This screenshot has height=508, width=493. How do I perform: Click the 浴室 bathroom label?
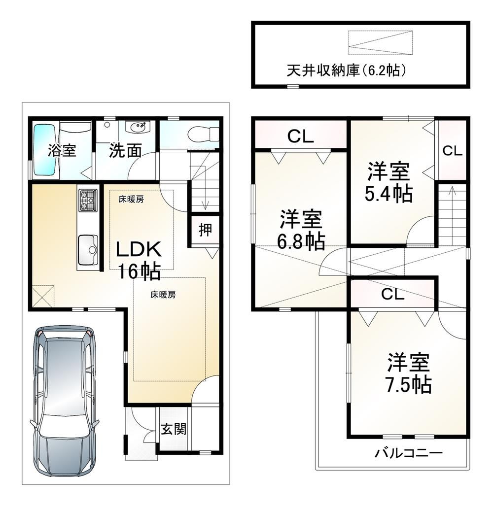[x=62, y=150]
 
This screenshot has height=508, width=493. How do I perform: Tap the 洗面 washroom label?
[x=125, y=151]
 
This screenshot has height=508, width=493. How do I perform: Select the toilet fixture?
[x=204, y=133]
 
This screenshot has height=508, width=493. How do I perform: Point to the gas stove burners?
[x=88, y=200]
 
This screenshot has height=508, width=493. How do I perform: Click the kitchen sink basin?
[x=87, y=249]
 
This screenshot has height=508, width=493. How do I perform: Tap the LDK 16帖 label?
[x=139, y=260]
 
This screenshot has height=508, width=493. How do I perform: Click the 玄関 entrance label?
[x=174, y=429]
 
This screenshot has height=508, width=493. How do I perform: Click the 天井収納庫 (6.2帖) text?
[x=346, y=70]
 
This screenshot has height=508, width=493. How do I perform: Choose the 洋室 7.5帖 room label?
[x=408, y=373]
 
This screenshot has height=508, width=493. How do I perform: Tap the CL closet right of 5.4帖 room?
[x=452, y=151]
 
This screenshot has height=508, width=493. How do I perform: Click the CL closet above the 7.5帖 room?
[x=392, y=294]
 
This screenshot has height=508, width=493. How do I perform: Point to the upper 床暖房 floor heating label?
[x=131, y=199]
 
